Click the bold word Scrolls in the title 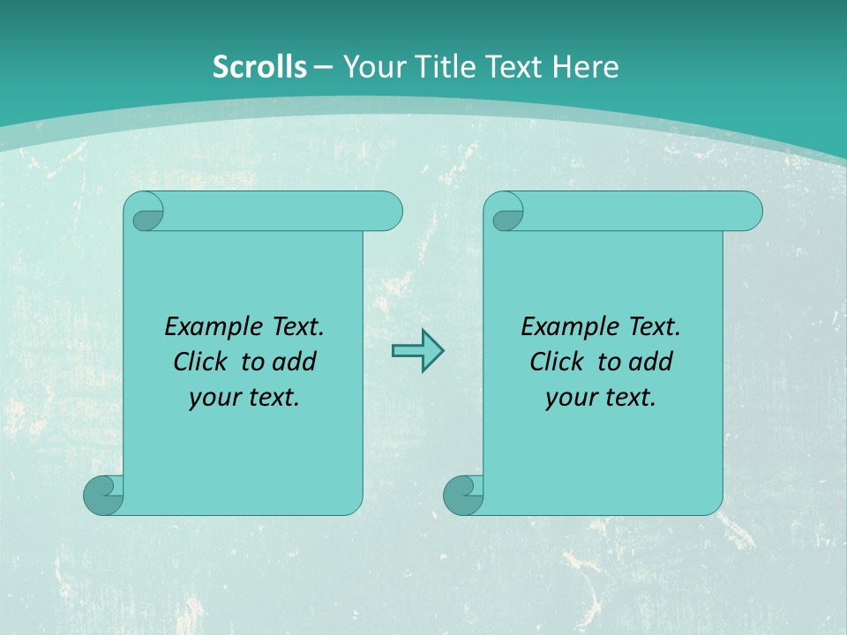[259, 66]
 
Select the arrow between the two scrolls [417, 351]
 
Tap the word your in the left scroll [213, 397]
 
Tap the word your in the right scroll [569, 397]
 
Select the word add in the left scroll [295, 362]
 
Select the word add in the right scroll [651, 362]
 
